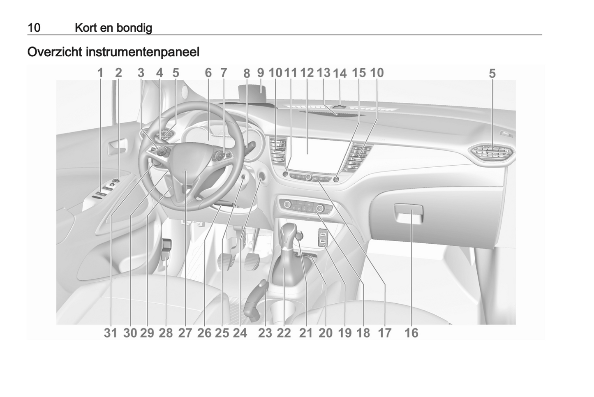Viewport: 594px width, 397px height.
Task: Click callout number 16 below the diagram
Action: (x=411, y=333)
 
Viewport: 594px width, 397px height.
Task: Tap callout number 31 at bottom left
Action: (x=110, y=333)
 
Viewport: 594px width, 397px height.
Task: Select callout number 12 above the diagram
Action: (x=307, y=73)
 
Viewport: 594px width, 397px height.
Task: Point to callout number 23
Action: (x=265, y=333)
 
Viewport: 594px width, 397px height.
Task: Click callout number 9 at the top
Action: (x=261, y=73)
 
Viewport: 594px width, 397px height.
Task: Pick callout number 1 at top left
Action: (x=100, y=73)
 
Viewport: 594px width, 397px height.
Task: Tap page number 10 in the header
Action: (x=34, y=28)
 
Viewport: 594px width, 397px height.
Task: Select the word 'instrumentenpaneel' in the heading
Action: (x=143, y=52)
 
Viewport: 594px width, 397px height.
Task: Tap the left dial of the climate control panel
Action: (x=287, y=204)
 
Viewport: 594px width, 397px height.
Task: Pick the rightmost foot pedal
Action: (x=252, y=261)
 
